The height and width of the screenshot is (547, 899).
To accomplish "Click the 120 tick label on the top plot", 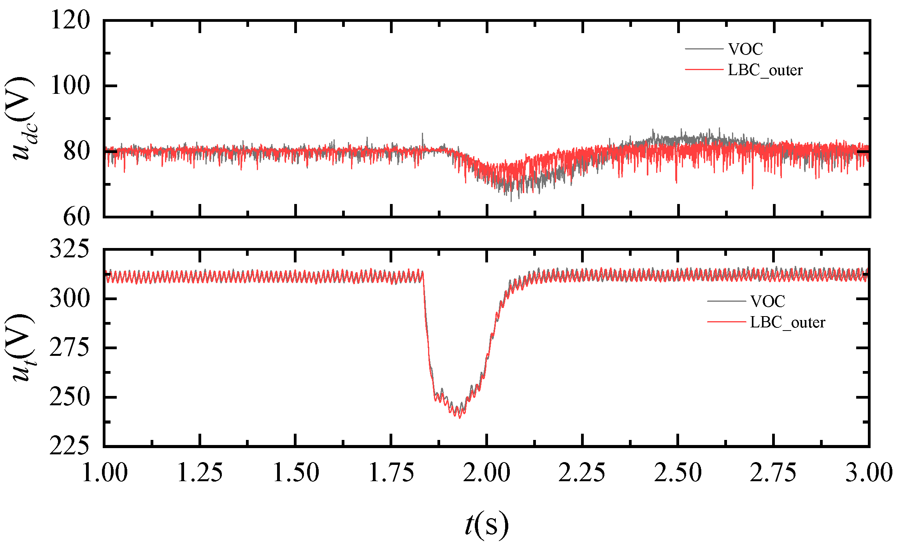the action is [70, 20].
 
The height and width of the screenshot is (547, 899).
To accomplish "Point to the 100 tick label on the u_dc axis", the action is [70, 86].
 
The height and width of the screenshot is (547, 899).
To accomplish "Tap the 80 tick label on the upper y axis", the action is [77, 151].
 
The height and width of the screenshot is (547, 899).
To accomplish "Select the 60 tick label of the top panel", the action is [77, 217].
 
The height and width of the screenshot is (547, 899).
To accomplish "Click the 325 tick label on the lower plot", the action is [70, 249].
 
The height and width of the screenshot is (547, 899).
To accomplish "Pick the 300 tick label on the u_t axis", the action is [70, 299].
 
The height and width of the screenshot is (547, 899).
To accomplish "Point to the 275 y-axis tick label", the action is [70, 348].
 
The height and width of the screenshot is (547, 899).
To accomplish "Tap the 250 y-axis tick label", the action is [70, 397].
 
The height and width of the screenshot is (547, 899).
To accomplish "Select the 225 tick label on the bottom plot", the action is [70, 447].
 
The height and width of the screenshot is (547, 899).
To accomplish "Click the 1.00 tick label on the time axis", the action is [105, 473].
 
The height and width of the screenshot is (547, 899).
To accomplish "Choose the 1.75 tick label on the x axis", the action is [392, 473].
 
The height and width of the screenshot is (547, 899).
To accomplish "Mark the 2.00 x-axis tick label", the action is [487, 473].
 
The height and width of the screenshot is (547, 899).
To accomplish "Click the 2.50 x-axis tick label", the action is [678, 473].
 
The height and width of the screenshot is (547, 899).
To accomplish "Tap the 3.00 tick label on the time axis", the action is [869, 473].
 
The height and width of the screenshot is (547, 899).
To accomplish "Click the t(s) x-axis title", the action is [487, 525].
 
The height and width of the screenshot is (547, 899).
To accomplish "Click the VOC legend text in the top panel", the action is [745, 49].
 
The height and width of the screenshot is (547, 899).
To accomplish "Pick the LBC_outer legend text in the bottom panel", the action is [787, 322].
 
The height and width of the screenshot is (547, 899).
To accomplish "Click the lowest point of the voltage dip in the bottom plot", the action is [460, 418].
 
